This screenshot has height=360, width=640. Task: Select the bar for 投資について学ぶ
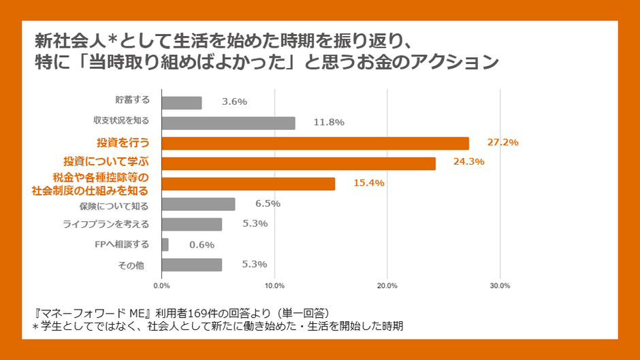[299, 163]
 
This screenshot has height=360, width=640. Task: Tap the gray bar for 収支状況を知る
[229, 123]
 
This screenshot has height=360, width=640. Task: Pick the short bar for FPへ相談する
[165, 244]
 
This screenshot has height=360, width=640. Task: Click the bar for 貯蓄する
[182, 103]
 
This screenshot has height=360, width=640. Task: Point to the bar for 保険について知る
[198, 204]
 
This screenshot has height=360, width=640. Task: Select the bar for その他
[192, 265]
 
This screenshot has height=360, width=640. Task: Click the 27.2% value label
[502, 142]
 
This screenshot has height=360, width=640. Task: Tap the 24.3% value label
[470, 162]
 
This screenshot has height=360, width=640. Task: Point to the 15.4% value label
[369, 182]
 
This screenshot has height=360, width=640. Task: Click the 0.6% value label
[202, 244]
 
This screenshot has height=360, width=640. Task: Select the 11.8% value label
[329, 122]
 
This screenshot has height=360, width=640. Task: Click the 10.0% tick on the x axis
[274, 285]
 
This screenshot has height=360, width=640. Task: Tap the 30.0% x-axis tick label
[500, 285]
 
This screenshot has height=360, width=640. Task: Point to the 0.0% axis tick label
[162, 285]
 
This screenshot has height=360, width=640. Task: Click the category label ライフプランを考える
[106, 224]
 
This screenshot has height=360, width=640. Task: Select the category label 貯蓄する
[132, 100]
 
